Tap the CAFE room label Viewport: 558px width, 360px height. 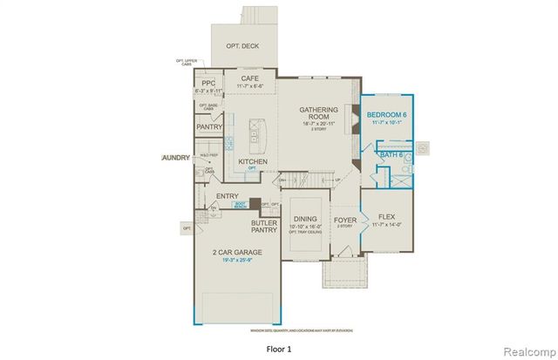251,78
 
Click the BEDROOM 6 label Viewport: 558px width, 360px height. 389,115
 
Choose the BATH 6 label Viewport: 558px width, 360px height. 391,155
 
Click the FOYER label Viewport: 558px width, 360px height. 345,221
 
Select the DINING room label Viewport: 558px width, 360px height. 304,221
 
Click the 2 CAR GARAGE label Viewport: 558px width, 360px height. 237,252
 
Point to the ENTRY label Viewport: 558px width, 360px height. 228,196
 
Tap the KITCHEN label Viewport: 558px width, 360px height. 252,162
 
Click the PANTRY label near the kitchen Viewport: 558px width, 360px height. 209,127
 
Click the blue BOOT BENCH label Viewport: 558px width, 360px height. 241,206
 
